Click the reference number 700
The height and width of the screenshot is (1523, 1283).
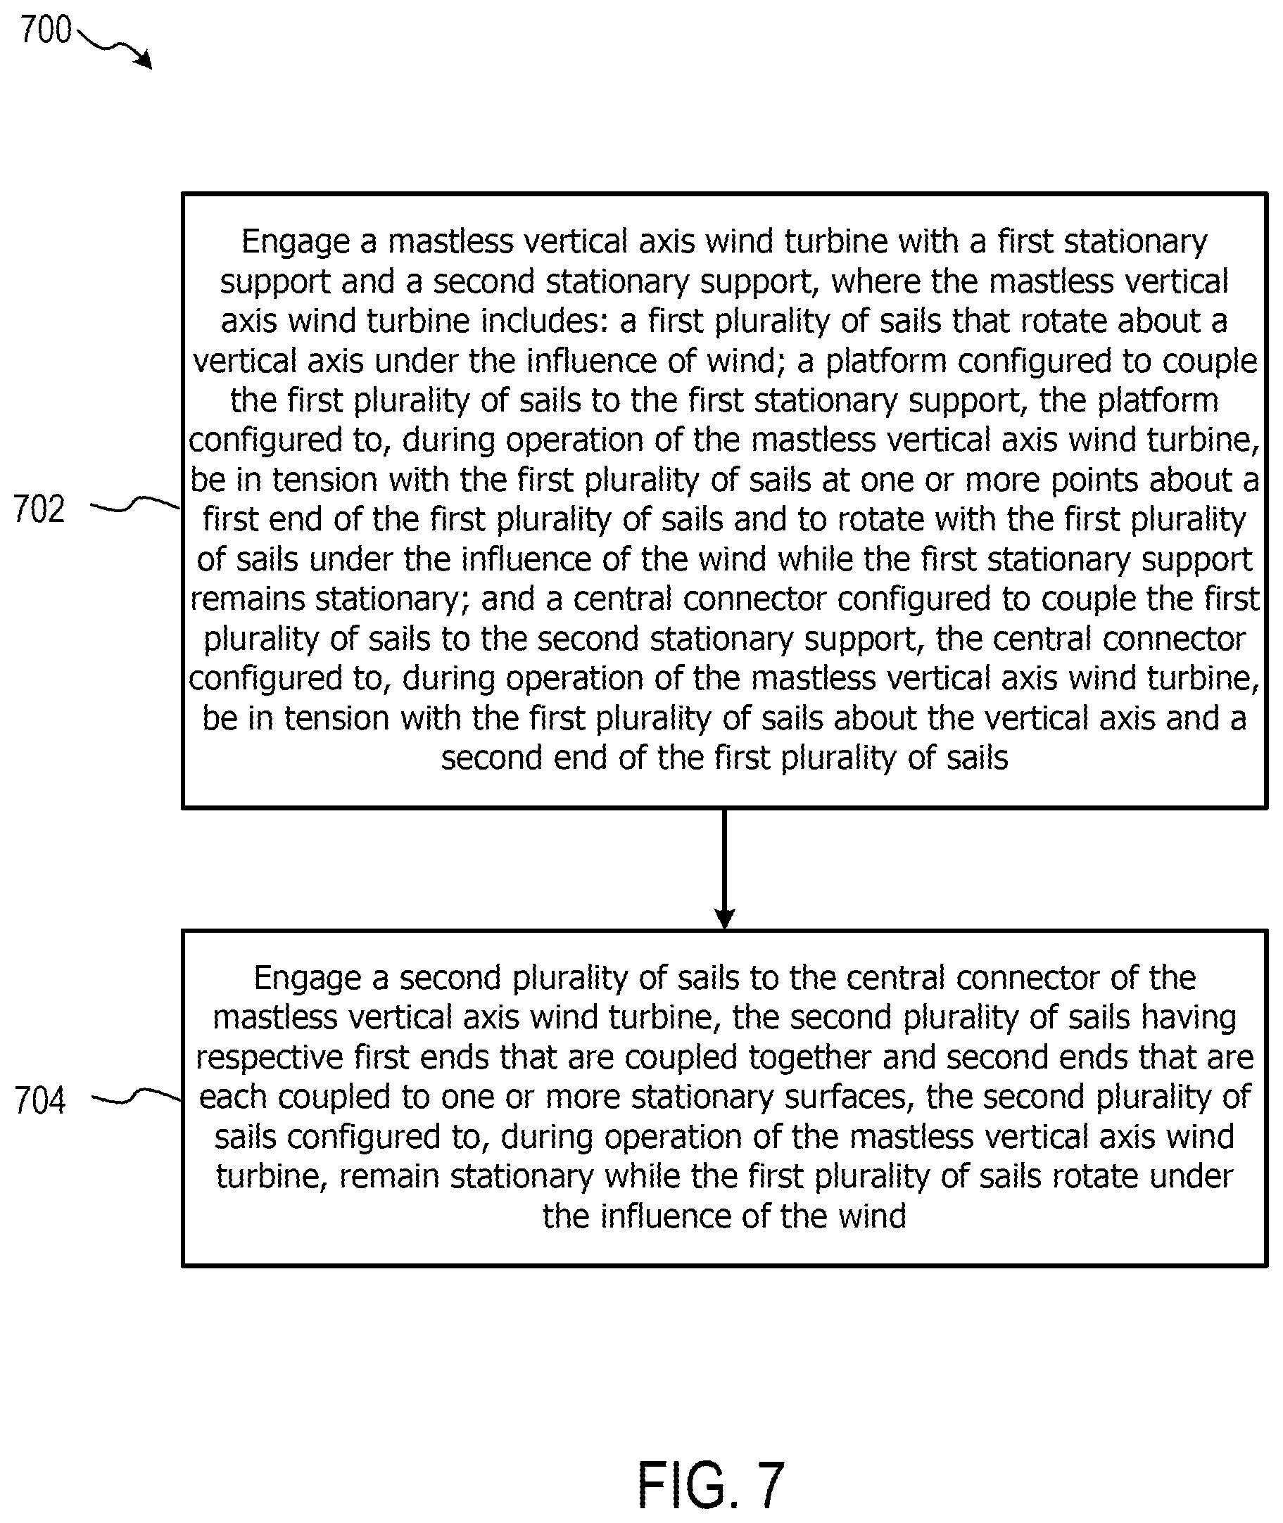tap(46, 30)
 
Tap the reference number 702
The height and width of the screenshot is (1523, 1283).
tap(39, 509)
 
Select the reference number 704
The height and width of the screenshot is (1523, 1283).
tap(40, 1100)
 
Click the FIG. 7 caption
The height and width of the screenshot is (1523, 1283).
tap(711, 1484)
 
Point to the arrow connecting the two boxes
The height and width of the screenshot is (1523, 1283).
tap(724, 869)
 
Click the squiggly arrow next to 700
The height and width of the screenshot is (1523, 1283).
tap(114, 47)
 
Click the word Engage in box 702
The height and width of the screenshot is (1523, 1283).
tap(296, 243)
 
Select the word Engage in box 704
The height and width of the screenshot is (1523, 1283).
tap(308, 979)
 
